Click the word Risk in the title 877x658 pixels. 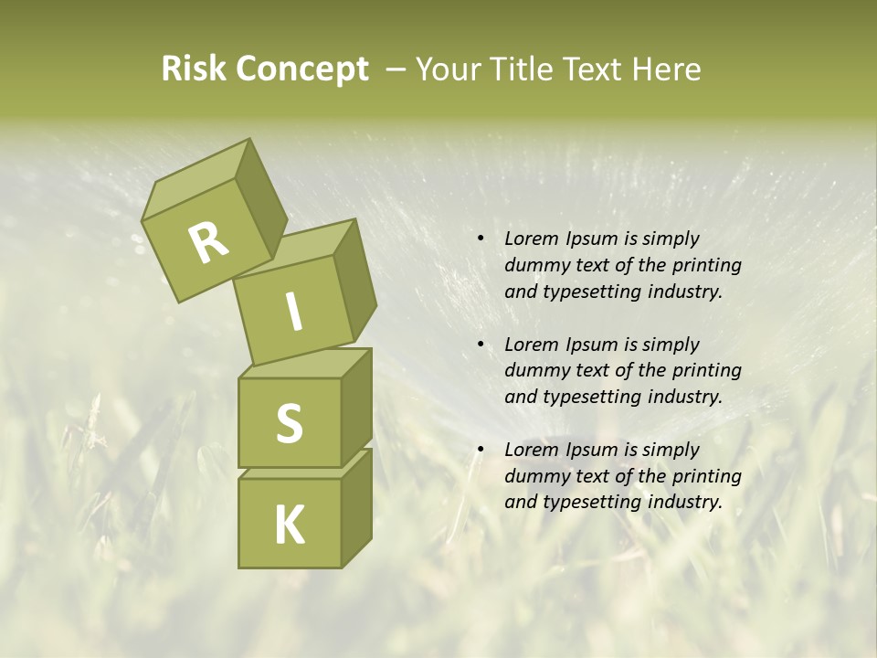195,69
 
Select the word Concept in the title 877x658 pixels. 303,70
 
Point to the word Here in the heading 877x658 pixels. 669,69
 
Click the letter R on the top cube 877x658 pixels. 209,242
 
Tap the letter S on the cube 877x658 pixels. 289,423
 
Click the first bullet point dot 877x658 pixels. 480,239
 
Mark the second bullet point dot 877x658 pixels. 480,345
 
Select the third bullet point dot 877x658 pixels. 480,450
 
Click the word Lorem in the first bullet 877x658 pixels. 531,239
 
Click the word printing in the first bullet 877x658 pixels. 707,265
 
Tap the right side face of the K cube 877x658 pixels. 356,507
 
